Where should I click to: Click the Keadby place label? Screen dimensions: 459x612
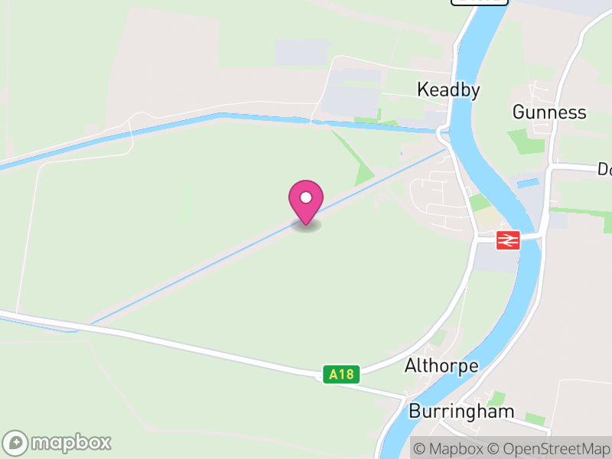(448, 90)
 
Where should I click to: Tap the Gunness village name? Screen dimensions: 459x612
(549, 112)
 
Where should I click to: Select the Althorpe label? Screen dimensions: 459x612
(441, 366)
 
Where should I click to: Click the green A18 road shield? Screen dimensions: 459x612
(340, 374)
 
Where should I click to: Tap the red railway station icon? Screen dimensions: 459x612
(508, 239)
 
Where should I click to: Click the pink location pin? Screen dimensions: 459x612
(306, 200)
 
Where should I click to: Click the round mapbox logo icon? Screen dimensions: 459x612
(15, 443)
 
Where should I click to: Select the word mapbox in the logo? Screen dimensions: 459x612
(70, 443)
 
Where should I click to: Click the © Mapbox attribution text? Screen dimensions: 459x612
(451, 449)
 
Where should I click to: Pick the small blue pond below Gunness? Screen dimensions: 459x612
(529, 184)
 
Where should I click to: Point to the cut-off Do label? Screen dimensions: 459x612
(604, 168)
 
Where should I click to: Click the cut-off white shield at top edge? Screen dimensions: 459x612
(479, 2)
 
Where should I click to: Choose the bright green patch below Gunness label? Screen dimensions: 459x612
(527, 141)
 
